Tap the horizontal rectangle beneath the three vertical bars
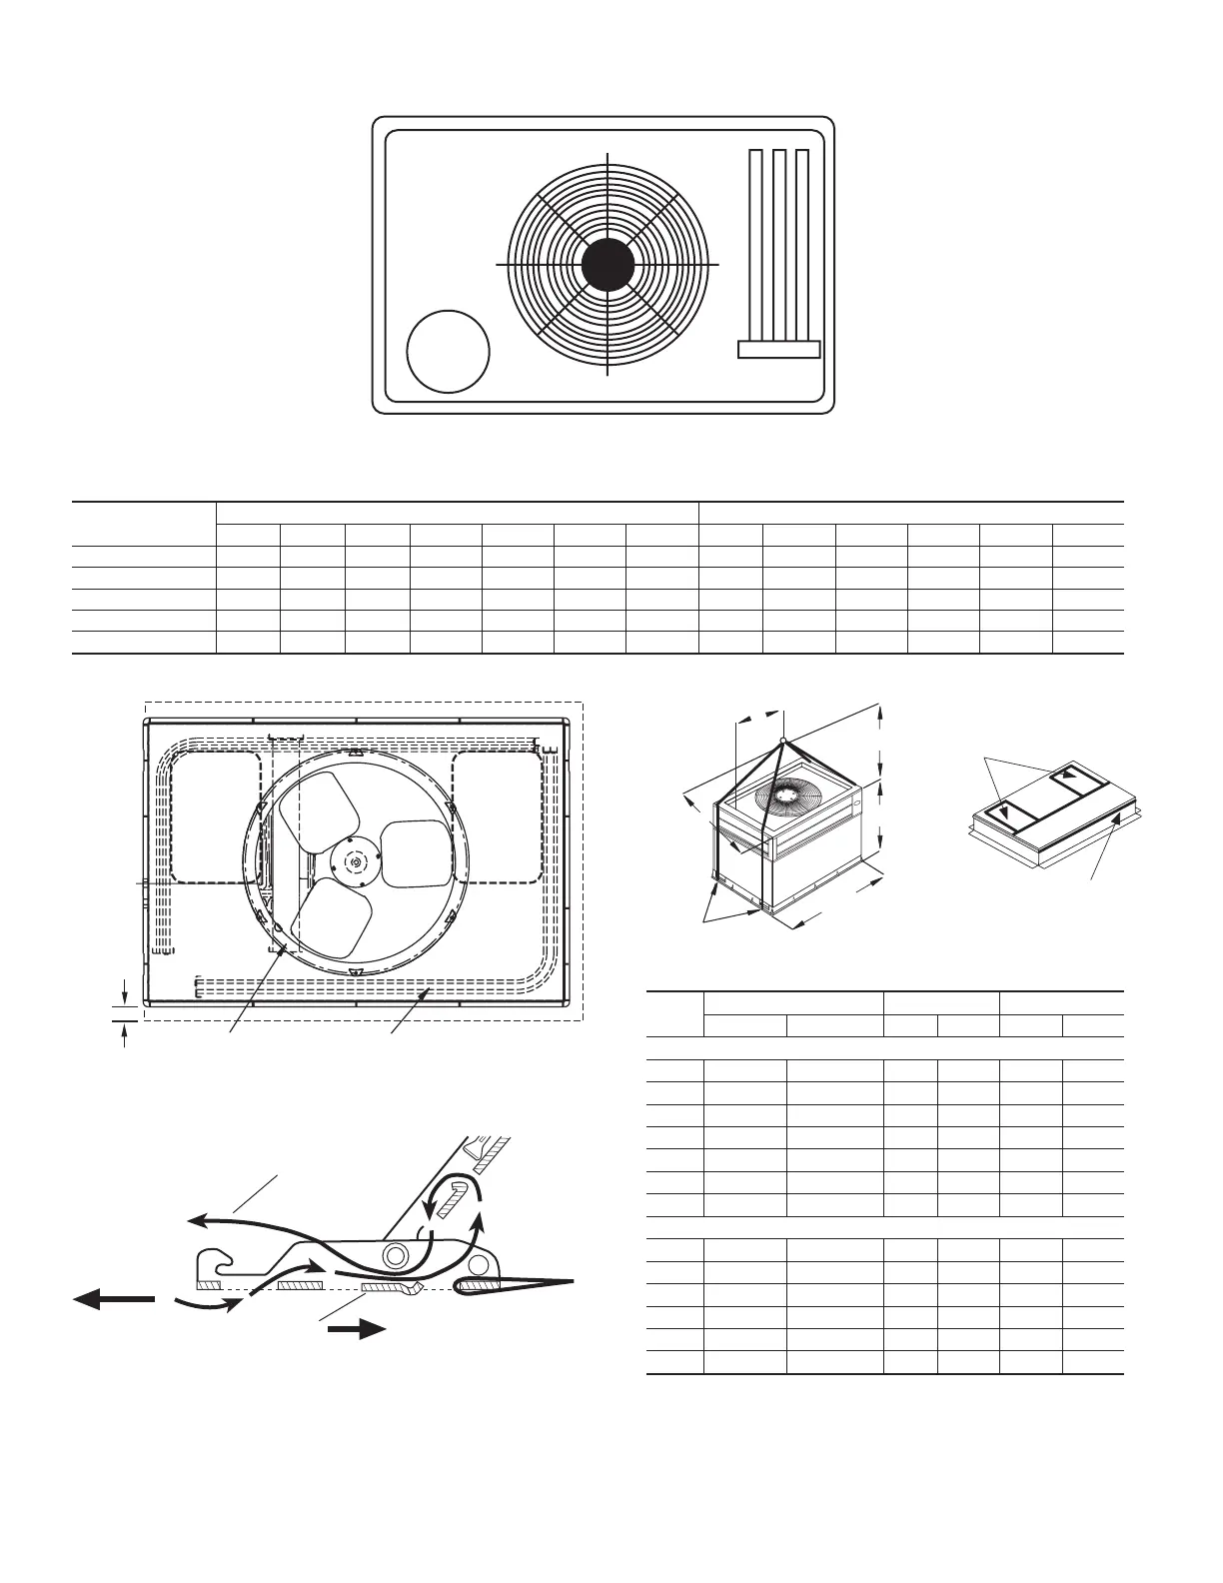pyautogui.click(x=778, y=349)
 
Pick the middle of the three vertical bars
pyautogui.click(x=779, y=245)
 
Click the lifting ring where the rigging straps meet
pyautogui.click(x=782, y=741)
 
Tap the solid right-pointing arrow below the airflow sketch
pyautogui.click(x=358, y=1329)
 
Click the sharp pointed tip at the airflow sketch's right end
pyautogui.click(x=574, y=1280)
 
